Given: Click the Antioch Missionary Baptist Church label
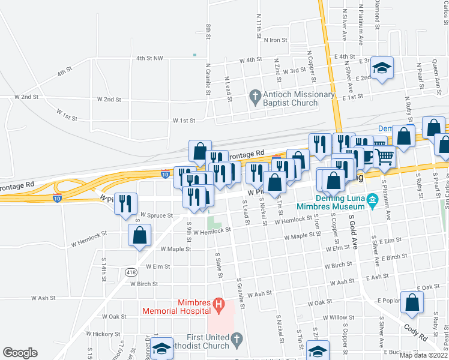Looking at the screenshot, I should click(x=298, y=98).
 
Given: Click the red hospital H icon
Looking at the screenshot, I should click(x=219, y=306).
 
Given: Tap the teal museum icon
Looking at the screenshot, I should click(x=372, y=199).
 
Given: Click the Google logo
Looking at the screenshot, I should click(x=20, y=353).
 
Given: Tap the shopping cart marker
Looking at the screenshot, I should click(x=385, y=157).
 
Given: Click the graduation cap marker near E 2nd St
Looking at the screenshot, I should click(x=381, y=69).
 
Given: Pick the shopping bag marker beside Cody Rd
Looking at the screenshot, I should click(x=412, y=304).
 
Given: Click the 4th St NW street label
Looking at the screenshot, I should click(x=149, y=58).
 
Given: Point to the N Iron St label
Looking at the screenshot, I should click(x=276, y=40).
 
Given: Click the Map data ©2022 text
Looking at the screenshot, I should click(x=423, y=355).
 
